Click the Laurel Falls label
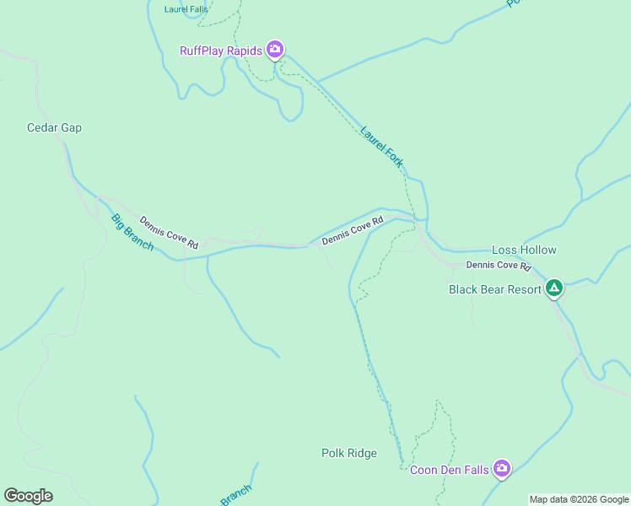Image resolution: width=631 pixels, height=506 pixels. (186, 10)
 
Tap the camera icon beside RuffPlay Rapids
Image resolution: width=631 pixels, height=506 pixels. (275, 50)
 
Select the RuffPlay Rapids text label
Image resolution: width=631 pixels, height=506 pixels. (221, 51)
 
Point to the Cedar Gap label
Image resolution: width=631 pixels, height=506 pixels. (54, 128)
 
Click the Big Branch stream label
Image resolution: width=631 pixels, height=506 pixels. (132, 232)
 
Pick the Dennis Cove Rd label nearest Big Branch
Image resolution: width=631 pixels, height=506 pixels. (169, 233)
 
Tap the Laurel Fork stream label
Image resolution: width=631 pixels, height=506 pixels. (381, 147)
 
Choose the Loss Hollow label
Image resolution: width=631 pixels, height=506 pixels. (524, 250)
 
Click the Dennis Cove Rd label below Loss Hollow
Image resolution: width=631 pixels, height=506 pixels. (499, 265)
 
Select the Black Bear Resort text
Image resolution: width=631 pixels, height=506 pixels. (494, 289)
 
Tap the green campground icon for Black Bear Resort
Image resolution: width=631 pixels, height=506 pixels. (553, 289)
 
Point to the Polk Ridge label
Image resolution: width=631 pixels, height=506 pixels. (349, 453)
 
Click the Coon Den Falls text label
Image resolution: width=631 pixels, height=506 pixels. (450, 470)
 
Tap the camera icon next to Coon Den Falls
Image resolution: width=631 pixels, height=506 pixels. (502, 468)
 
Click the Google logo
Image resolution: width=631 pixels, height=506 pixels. (28, 496)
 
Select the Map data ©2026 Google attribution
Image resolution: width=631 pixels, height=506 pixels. (579, 499)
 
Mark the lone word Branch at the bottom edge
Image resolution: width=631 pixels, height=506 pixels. (236, 495)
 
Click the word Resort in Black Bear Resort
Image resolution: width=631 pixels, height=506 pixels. (522, 289)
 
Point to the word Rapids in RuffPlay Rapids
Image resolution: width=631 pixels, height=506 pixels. (244, 51)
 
